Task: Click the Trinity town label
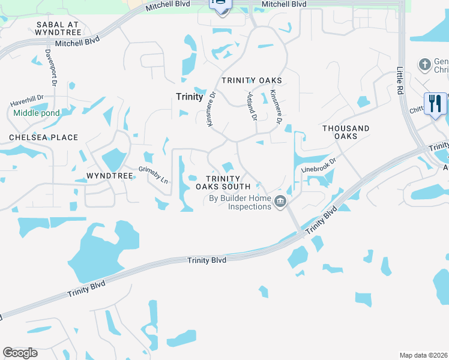[x=190, y=96]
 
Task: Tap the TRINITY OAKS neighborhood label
[x=252, y=80]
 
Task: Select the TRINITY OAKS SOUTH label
[x=223, y=182]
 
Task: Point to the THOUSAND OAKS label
[x=346, y=132]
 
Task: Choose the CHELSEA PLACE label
[x=43, y=137]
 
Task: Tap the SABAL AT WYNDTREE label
[x=58, y=29]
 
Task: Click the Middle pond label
[x=37, y=113]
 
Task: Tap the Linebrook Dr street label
[x=317, y=166]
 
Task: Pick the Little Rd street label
[x=400, y=80]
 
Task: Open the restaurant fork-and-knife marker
[x=435, y=104]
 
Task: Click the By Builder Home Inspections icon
[x=280, y=202]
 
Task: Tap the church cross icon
[x=424, y=64]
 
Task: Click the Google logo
[x=20, y=353]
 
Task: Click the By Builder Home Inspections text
[x=240, y=203]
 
